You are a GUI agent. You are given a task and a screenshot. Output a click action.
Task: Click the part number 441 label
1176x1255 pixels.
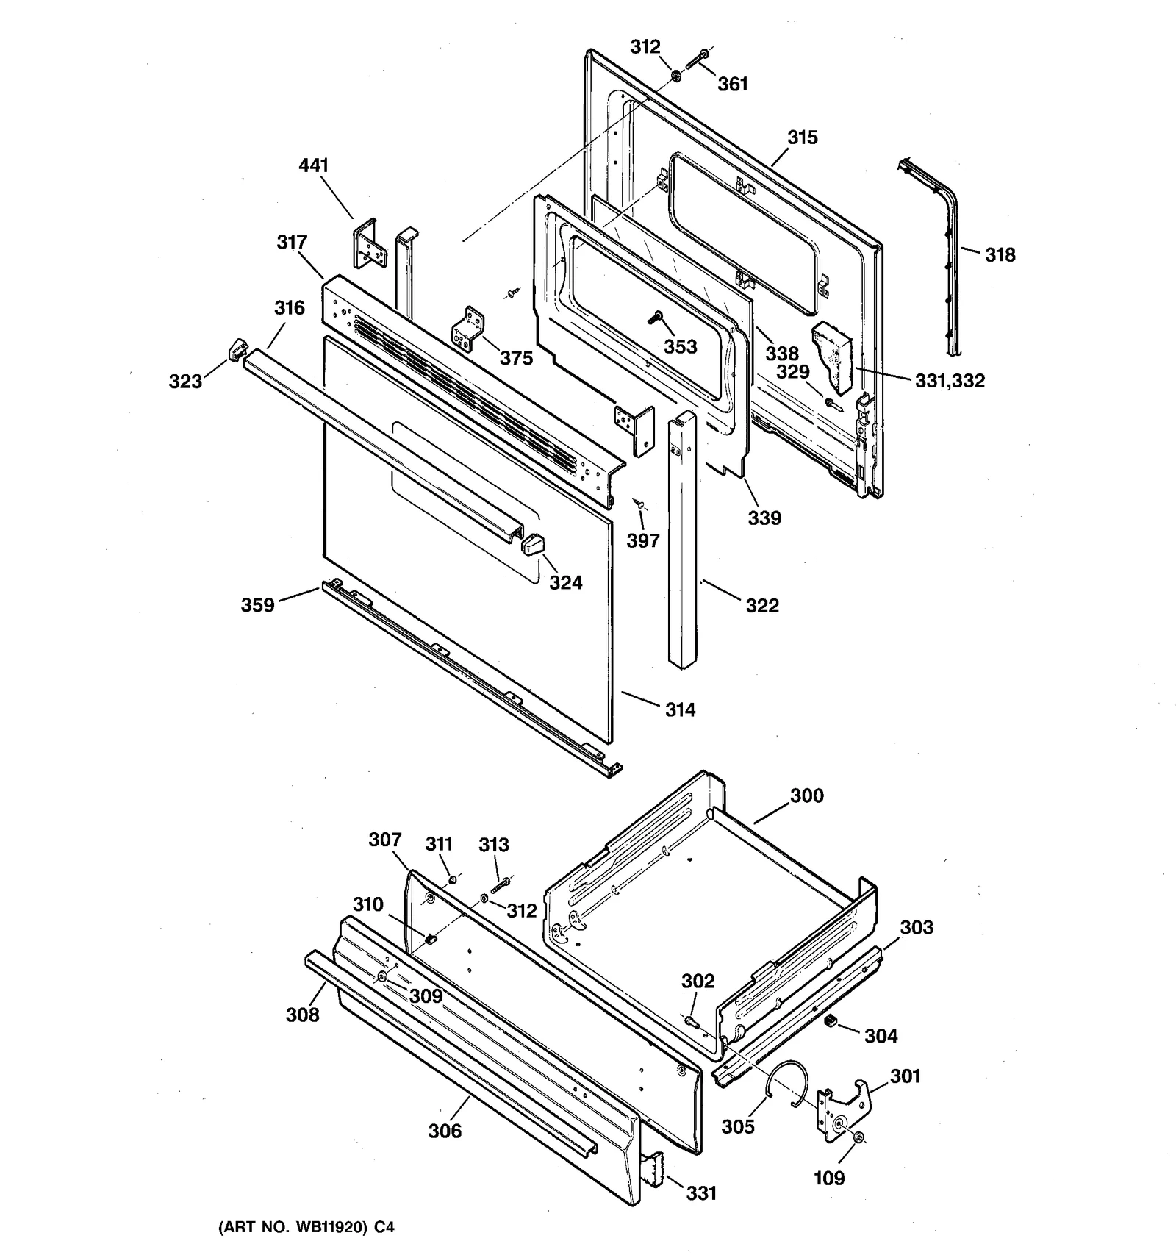coord(313,165)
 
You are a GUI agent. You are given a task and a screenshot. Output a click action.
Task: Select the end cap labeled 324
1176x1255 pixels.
coord(532,545)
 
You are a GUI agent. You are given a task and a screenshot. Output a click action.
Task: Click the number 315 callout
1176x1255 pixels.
coord(802,137)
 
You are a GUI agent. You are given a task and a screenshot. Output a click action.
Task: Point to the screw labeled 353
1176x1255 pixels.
coord(653,318)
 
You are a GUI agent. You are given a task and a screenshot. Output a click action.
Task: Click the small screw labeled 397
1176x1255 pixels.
coord(639,504)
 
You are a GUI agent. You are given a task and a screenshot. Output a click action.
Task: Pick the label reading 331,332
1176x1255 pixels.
coord(950,380)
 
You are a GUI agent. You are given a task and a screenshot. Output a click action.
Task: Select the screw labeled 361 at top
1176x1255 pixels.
coord(700,58)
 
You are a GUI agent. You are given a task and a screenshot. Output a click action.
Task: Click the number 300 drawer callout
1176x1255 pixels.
coord(806,795)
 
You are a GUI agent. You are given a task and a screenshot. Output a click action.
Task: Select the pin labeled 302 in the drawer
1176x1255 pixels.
coord(692,1022)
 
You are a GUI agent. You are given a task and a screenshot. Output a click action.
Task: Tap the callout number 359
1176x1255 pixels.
coord(257,604)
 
